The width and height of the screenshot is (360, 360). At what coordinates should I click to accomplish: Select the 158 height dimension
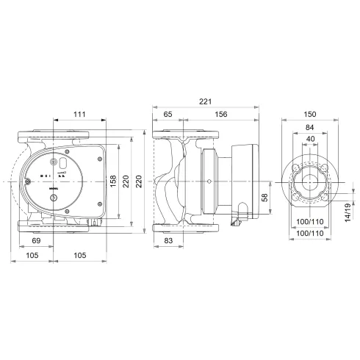coord(113,180)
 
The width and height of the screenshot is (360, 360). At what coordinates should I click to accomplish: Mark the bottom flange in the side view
coord(182,225)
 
